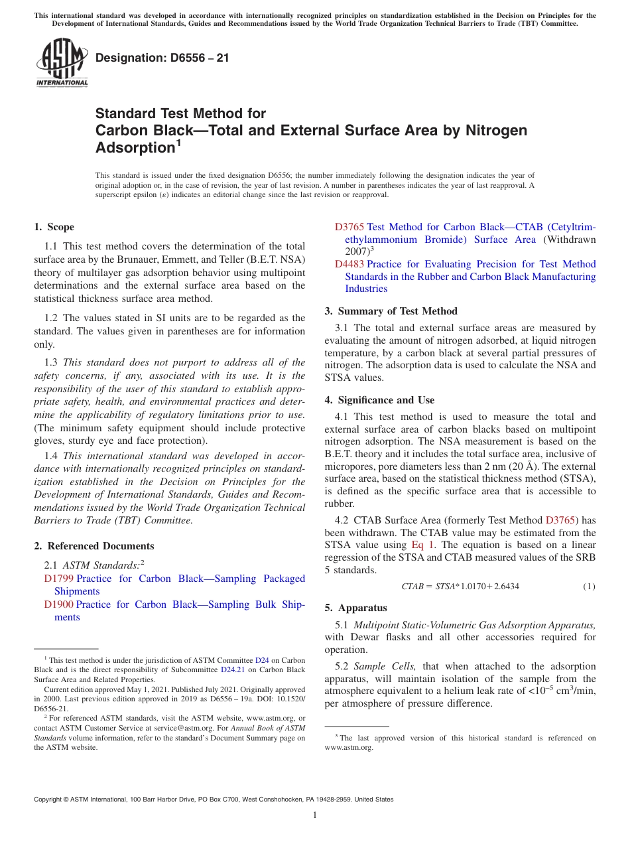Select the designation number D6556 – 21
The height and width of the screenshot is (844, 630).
click(162, 58)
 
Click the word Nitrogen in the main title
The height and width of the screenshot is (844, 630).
click(487, 130)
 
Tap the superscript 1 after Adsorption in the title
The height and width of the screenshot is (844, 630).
click(178, 142)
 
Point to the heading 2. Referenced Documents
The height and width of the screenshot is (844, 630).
click(94, 546)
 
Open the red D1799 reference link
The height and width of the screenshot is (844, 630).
click(58, 579)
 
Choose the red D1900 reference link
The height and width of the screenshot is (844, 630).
click(58, 604)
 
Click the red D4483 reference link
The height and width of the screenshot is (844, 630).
click(349, 264)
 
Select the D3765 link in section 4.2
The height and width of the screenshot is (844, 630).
click(559, 520)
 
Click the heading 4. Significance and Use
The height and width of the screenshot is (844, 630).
click(379, 400)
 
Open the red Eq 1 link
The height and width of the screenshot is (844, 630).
click(421, 545)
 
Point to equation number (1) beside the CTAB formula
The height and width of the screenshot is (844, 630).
click(589, 587)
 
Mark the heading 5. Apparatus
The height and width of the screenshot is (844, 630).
click(355, 608)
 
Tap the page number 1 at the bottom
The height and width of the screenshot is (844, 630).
click(315, 815)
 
